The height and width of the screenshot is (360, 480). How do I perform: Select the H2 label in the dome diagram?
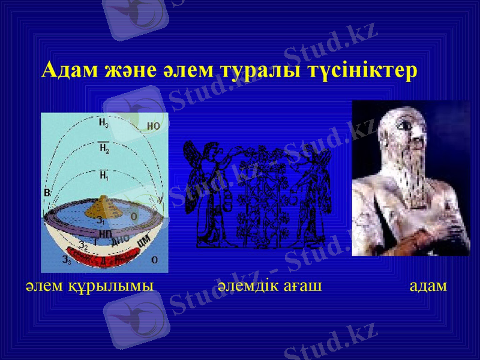(x=104, y=148)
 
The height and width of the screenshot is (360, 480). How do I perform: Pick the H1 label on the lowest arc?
(x=104, y=176)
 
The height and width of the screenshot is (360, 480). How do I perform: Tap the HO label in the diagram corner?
(x=154, y=127)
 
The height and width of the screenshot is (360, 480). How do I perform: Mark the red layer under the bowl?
(x=102, y=260)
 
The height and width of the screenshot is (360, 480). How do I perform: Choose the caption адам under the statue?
(x=428, y=286)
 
